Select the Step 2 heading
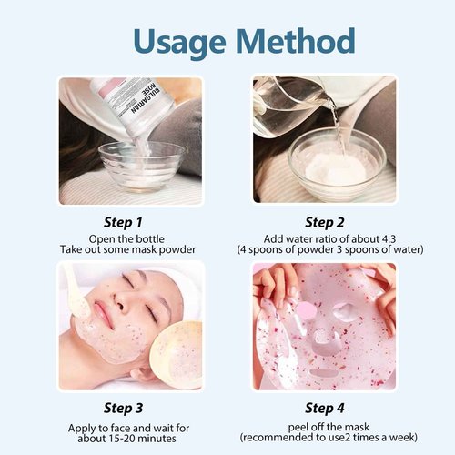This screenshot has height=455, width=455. click(325, 221)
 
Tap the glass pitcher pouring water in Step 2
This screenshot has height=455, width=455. click(291, 105)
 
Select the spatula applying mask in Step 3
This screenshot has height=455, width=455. click(78, 291)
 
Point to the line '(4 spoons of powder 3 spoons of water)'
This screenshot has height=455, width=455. click(325, 248)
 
